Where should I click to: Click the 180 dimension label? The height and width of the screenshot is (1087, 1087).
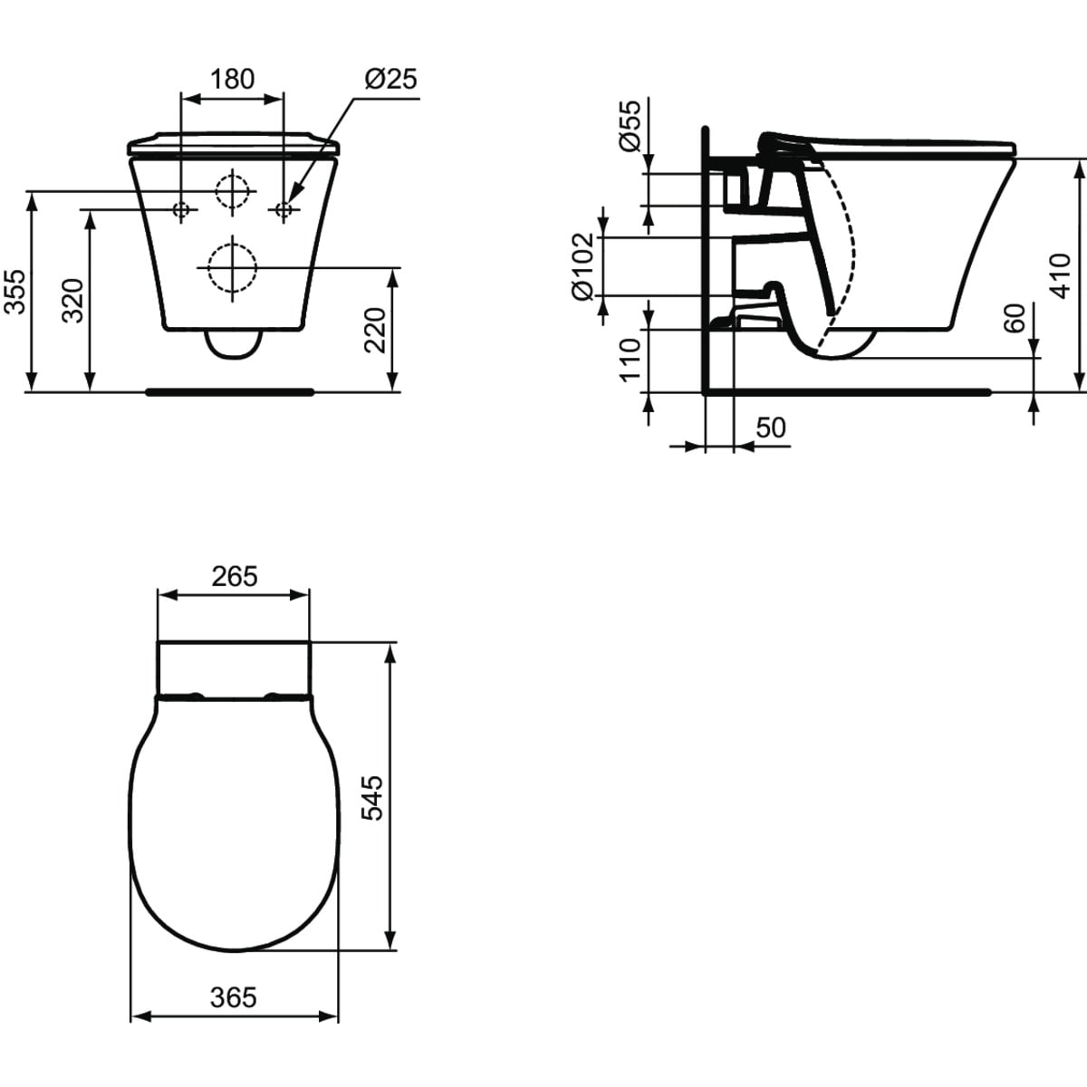233,80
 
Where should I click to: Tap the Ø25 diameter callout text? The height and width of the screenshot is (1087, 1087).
390,79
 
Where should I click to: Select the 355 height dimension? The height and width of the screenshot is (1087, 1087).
14,292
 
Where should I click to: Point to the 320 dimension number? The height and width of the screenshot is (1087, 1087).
72,300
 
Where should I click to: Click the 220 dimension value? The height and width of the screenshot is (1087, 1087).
375,331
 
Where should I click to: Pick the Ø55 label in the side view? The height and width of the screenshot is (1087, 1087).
630,126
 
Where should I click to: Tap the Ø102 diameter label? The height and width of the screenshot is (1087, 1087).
582,267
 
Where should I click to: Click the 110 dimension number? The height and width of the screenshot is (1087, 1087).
630,360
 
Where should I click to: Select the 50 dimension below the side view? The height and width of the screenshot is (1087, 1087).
771,428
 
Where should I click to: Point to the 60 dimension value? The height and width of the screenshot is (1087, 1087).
1015,319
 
